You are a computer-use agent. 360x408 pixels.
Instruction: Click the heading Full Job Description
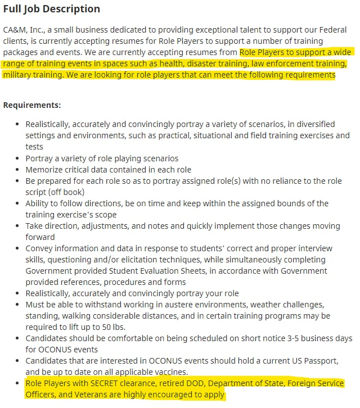52,9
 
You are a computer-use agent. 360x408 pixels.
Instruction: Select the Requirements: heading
32,105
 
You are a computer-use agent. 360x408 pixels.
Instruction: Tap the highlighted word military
18,75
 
